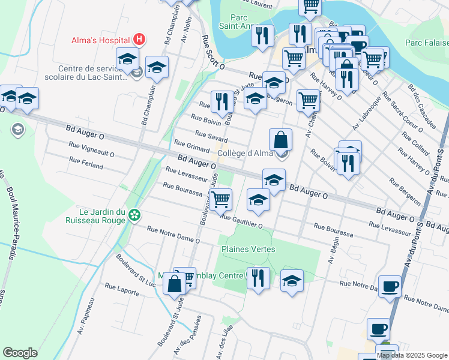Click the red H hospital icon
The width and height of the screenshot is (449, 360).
(x=139, y=40)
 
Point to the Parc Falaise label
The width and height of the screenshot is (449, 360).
(x=426, y=43)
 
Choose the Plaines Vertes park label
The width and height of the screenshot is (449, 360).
(x=249, y=249)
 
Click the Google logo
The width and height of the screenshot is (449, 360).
(x=20, y=352)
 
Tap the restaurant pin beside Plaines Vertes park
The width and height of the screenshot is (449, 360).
(x=258, y=278)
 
